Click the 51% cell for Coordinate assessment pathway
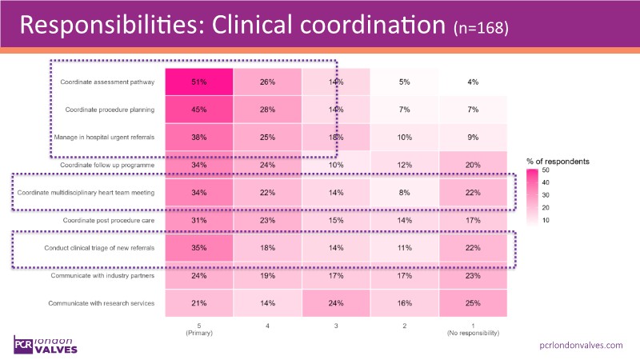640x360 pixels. point(199,82)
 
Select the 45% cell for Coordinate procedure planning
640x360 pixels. point(199,110)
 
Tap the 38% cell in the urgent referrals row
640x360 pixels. point(199,138)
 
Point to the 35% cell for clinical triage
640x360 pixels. point(199,248)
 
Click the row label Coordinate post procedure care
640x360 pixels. point(107,220)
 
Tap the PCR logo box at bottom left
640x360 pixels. point(23,345)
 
